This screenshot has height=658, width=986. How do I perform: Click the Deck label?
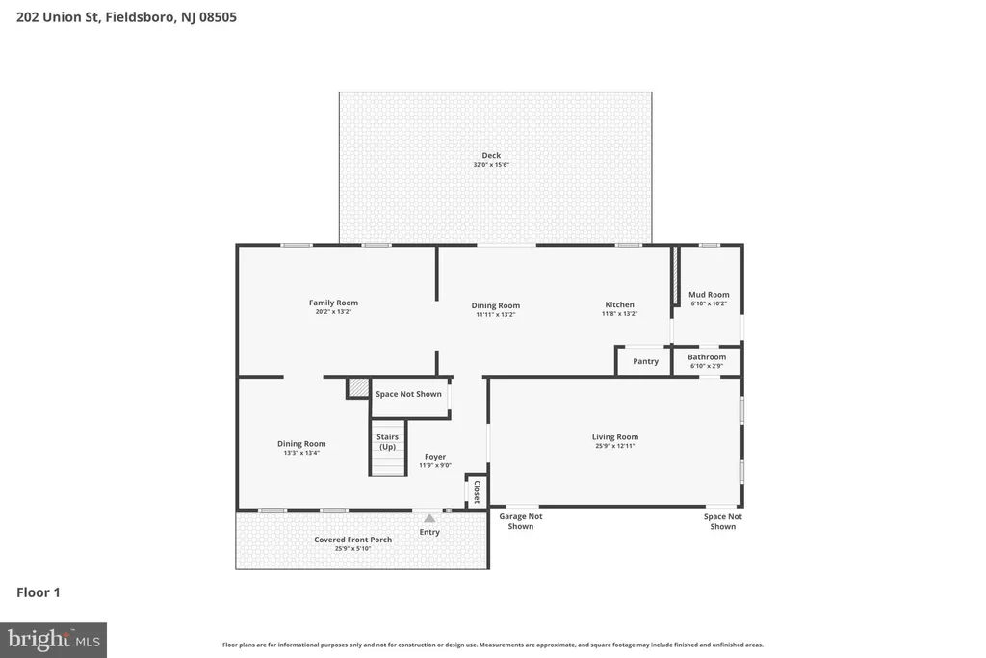tap(491, 155)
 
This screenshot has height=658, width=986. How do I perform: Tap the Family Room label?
tap(333, 303)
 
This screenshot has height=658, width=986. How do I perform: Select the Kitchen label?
tap(619, 304)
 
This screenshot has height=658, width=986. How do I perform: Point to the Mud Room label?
tap(709, 295)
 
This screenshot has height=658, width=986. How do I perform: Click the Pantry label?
tap(646, 361)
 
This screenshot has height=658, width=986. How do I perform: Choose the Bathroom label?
tap(707, 356)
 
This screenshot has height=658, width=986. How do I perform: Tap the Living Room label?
tap(615, 436)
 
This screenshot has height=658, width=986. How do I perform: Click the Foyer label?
tap(435, 457)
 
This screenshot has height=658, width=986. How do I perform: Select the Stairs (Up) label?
tap(387, 441)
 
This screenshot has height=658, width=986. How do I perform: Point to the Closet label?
tap(477, 492)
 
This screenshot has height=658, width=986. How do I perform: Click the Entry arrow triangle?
tap(428, 518)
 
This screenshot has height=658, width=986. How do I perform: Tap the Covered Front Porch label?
tap(352, 540)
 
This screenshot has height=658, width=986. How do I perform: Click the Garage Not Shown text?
tap(521, 521)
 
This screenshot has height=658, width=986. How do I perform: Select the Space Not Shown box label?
tap(408, 394)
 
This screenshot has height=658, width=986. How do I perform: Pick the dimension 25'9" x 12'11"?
tap(615, 446)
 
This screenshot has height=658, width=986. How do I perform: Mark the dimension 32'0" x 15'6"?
tap(491, 165)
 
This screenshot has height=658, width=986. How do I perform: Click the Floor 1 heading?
tap(39, 592)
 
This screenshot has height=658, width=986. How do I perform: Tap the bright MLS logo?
tap(54, 641)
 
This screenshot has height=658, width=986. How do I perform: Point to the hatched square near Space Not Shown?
tap(358, 387)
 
